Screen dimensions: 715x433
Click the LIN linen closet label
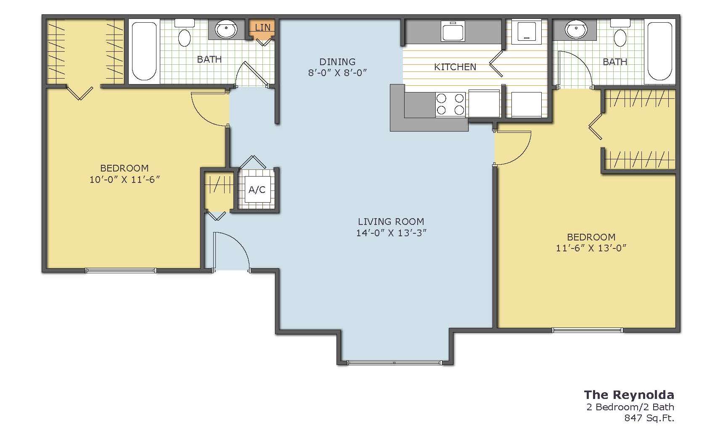click(x=263, y=27)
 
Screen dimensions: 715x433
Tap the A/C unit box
click(x=257, y=190)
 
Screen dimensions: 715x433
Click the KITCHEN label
click(x=455, y=67)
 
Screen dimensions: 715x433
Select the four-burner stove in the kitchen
click(x=450, y=104)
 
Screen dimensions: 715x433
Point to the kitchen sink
click(x=453, y=31)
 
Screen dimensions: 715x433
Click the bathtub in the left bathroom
click(x=144, y=51)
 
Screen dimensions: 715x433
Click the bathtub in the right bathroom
click(x=659, y=51)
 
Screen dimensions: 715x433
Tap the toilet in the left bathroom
click(x=185, y=33)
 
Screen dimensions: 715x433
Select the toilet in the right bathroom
click(x=620, y=33)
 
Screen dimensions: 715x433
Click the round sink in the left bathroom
click(x=226, y=30)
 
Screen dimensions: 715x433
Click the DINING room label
click(x=337, y=61)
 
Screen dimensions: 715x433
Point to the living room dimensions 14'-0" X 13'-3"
click(x=391, y=233)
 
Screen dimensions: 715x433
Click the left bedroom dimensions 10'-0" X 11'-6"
click(x=124, y=180)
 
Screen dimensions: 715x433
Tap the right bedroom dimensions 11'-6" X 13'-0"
click(x=591, y=248)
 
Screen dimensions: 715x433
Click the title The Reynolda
click(x=629, y=395)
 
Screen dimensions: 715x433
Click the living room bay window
click(x=395, y=363)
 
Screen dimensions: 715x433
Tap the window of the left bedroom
click(x=121, y=271)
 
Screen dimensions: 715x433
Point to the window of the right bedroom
click(x=587, y=330)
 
